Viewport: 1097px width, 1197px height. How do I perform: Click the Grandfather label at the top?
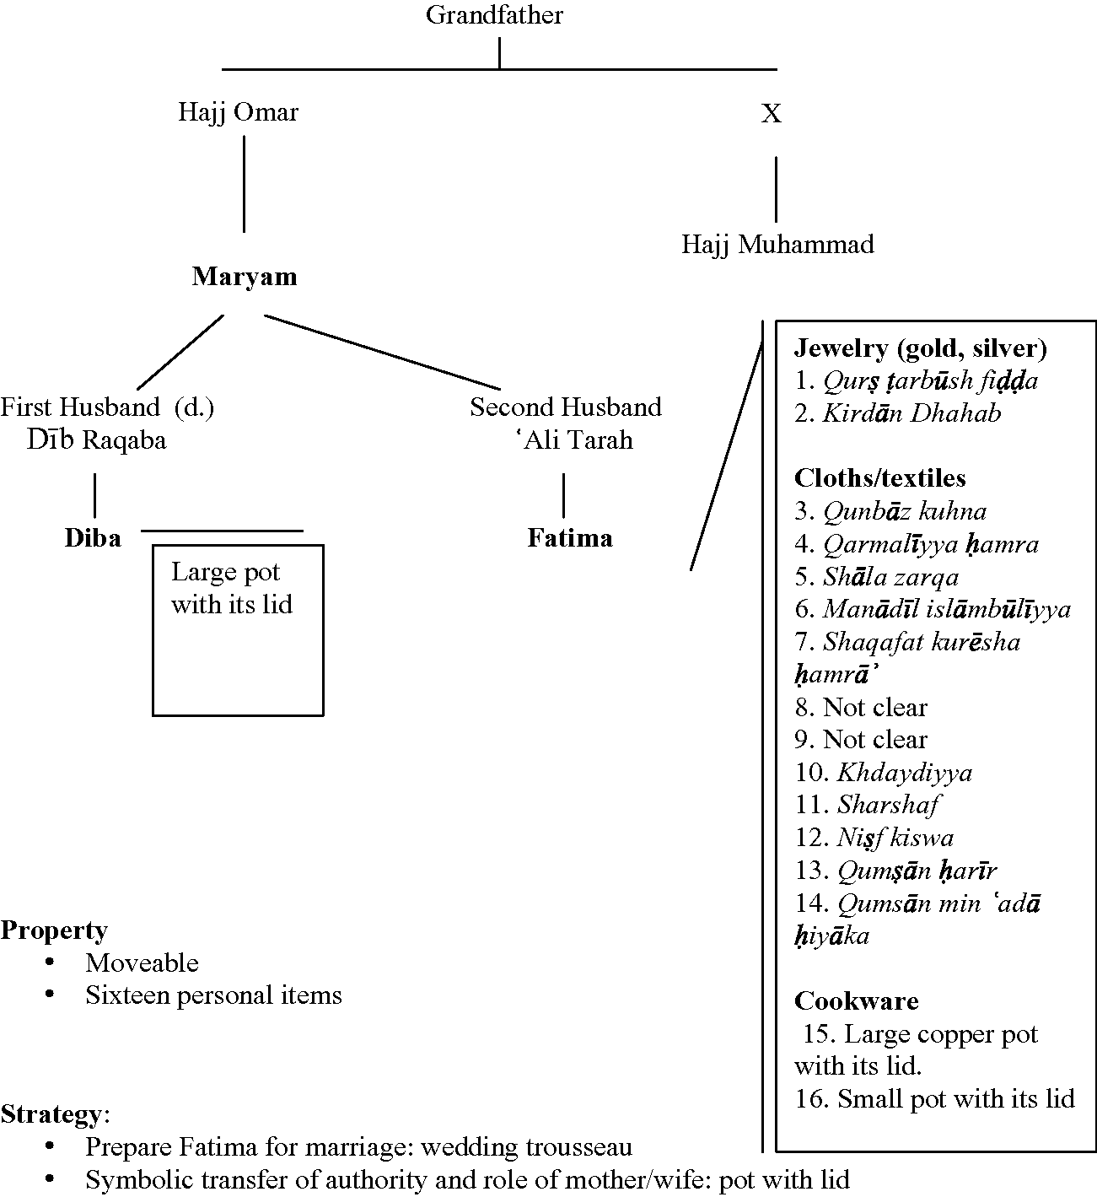pyautogui.click(x=494, y=15)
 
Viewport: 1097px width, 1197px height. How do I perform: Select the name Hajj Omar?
pyautogui.click(x=238, y=112)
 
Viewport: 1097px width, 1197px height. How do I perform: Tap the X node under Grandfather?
pyautogui.click(x=771, y=114)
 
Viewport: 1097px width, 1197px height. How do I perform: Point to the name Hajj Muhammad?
pyautogui.click(x=777, y=245)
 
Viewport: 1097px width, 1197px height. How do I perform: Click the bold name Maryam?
pyautogui.click(x=245, y=277)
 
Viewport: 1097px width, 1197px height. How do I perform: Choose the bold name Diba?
pyautogui.click(x=93, y=538)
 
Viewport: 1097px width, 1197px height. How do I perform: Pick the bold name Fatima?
pyautogui.click(x=570, y=538)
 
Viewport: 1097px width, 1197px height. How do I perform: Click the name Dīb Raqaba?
pyautogui.click(x=96, y=440)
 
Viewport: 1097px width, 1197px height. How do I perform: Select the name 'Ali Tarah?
pyautogui.click(x=577, y=440)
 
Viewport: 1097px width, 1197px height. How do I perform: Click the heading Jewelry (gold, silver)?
pyautogui.click(x=921, y=348)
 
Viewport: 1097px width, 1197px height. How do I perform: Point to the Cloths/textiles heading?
pyautogui.click(x=879, y=478)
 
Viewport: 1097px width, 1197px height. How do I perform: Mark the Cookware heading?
pyautogui.click(x=856, y=1001)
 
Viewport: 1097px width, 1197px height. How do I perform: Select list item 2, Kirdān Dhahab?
pyautogui.click(x=898, y=413)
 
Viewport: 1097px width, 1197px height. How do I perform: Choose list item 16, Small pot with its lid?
pyautogui.click(x=934, y=1099)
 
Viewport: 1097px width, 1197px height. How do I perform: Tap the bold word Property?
pyautogui.click(x=54, y=930)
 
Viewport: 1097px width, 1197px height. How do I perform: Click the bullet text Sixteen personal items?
pyautogui.click(x=213, y=995)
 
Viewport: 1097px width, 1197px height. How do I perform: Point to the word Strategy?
pyautogui.click(x=51, y=1115)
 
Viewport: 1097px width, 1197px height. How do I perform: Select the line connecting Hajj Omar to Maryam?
pyautogui.click(x=245, y=184)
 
